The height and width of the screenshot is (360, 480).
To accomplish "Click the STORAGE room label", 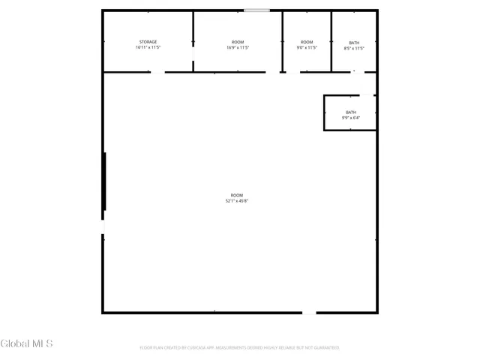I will [x=148, y=41].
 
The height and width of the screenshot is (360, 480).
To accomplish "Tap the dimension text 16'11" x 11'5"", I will [x=148, y=47].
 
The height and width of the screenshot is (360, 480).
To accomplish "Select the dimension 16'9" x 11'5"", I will [x=237, y=47].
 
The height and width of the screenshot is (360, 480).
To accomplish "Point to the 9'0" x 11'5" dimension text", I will [x=307, y=47].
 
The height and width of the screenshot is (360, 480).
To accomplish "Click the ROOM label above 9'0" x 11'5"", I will [x=307, y=41].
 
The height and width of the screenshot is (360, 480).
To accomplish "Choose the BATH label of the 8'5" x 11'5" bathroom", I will [x=354, y=43].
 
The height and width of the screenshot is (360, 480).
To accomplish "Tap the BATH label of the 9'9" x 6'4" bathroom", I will [x=351, y=112].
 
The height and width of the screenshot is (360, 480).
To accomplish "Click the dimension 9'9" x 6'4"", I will [x=351, y=118].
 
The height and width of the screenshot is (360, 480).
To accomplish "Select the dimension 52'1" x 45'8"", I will [x=237, y=201].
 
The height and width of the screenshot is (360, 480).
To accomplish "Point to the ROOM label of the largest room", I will [x=237, y=195].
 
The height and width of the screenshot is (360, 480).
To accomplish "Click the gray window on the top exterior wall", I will [x=257, y=10].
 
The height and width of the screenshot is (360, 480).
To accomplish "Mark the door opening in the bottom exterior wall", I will [x=309, y=312].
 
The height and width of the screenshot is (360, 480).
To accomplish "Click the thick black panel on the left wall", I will [x=104, y=181].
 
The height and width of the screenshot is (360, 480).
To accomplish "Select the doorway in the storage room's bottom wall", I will [x=157, y=72].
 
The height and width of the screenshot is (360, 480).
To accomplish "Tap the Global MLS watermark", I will [x=27, y=344].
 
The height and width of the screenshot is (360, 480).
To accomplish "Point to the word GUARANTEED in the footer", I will [x=325, y=348].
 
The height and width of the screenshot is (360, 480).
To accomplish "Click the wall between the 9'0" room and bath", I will [x=331, y=41].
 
